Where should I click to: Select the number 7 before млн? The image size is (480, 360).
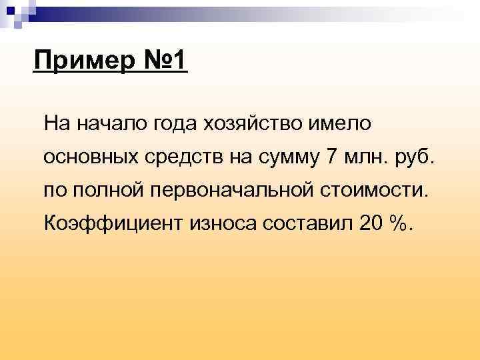(x=333, y=157)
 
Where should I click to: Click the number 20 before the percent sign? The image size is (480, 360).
(x=371, y=223)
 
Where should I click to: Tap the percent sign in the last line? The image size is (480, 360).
(x=400, y=223)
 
